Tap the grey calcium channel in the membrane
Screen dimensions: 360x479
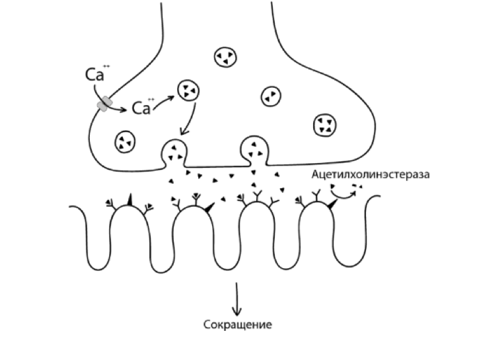(104, 103)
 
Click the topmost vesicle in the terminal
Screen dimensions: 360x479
(225, 57)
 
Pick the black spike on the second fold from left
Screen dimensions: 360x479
(209, 207)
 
